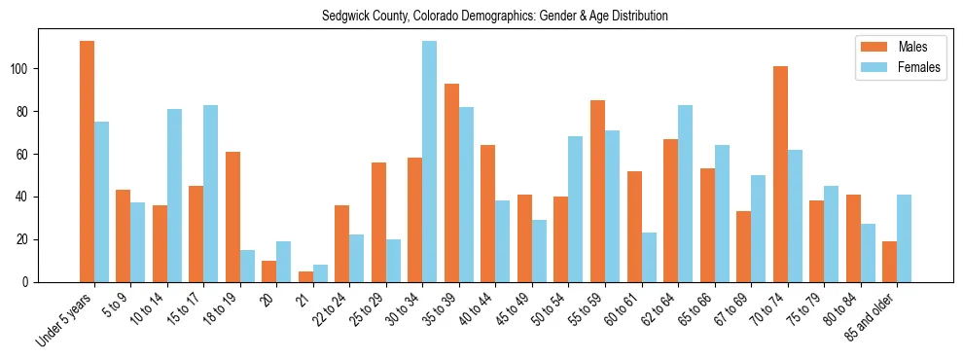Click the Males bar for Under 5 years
click(x=88, y=162)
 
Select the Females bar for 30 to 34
click(x=430, y=162)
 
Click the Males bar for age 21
click(x=305, y=276)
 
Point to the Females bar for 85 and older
click(x=905, y=238)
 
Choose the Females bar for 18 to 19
click(x=248, y=266)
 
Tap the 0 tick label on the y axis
click(x=29, y=282)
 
